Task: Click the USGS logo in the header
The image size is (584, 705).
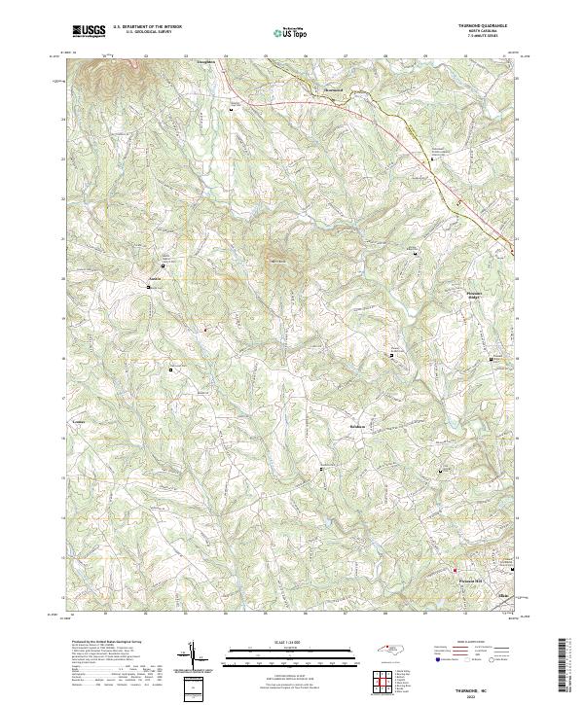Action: pos(90,31)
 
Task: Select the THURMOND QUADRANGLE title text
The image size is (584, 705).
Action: pos(475,25)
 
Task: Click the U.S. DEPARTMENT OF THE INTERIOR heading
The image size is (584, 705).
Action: pos(147,26)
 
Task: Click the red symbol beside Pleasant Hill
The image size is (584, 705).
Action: pos(455,570)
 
